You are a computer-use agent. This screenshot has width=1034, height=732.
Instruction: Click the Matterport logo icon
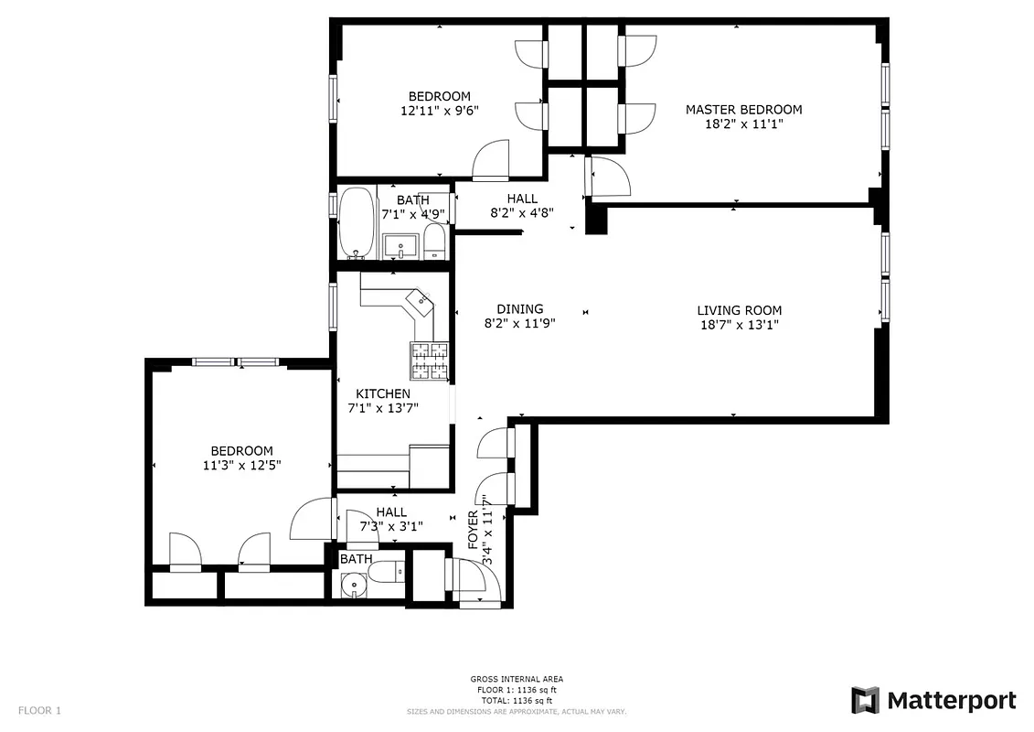coord(865,700)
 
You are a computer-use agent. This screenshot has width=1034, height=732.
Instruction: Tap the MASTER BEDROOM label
coord(743,110)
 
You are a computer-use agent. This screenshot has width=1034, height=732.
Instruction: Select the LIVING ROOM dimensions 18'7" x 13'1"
coord(739,325)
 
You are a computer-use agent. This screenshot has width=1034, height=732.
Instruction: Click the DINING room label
coord(519,309)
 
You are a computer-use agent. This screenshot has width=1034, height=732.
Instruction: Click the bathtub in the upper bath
coord(357,224)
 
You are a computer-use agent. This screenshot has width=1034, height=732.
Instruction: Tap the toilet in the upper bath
coord(434,242)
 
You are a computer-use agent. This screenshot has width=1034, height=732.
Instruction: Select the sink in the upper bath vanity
coord(400,245)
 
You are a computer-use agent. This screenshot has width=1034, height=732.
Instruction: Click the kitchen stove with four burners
coord(429,361)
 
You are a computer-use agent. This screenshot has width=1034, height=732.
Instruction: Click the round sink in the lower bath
coord(353,587)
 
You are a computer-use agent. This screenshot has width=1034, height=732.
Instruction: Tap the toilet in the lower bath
coord(386,573)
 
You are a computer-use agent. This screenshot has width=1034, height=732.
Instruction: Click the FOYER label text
coord(474,530)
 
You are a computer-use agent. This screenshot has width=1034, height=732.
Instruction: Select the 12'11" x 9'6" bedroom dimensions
coord(440,111)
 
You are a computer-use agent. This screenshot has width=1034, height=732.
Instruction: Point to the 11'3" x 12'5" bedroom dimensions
coord(241,465)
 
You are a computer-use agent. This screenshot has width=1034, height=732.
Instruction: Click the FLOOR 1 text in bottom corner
coord(39,710)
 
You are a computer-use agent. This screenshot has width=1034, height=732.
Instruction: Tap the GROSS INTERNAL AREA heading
coord(517,679)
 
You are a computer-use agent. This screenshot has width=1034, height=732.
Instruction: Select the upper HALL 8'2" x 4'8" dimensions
coord(522,213)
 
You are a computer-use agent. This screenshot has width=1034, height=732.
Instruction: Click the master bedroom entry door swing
coord(605,176)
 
